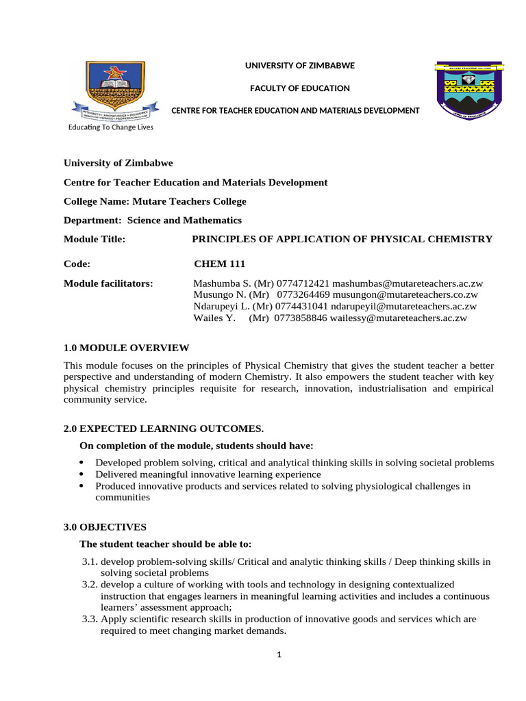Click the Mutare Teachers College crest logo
tap(469, 91)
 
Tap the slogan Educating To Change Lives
tap(110, 127)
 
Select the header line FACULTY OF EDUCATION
tap(299, 88)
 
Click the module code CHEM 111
tap(220, 264)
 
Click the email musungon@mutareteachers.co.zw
tap(405, 295)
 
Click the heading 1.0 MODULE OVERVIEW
tap(126, 348)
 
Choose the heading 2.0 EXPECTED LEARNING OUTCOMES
tap(164, 429)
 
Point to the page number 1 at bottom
tap(279, 654)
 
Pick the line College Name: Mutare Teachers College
tap(155, 201)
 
